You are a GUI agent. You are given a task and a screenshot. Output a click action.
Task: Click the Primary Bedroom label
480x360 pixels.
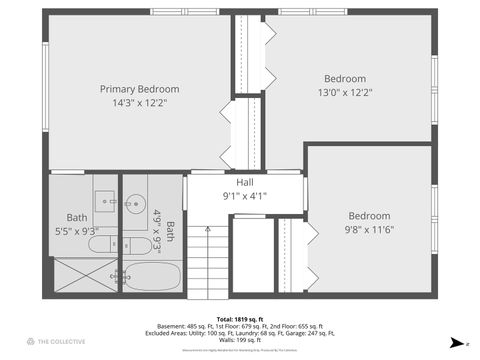pos(139,89)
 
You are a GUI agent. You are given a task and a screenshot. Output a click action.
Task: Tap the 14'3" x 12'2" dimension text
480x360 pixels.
pos(139,102)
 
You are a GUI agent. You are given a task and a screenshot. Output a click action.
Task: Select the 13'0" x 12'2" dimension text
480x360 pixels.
pos(344,92)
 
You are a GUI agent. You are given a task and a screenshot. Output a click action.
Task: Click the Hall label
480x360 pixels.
pos(244,183)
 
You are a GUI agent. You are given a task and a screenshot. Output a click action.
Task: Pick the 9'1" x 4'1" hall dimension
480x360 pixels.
pos(244,197)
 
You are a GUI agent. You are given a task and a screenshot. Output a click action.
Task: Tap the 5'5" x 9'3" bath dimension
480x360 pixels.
pos(78,231)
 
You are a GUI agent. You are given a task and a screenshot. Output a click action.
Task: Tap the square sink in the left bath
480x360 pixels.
pos(105,201)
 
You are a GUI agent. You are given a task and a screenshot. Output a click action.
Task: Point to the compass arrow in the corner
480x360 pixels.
pos(455,342)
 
